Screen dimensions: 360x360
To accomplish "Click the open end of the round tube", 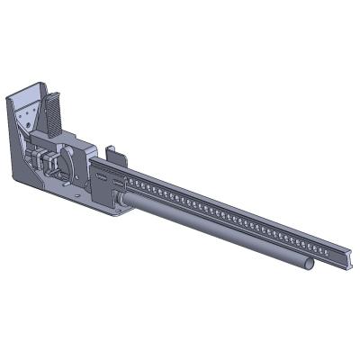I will tap(309, 264).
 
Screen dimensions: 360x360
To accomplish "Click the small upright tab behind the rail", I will tap(111, 154).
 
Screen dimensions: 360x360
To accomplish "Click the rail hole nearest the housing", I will tap(128, 182).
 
